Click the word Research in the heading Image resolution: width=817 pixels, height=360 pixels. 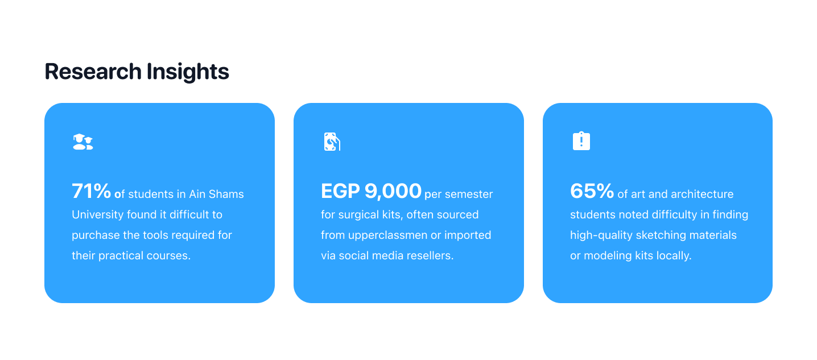93,71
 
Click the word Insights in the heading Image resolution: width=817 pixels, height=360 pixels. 188,72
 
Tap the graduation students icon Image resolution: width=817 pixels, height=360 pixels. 83,142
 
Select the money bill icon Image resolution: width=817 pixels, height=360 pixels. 332,142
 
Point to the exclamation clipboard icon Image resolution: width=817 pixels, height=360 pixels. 581,141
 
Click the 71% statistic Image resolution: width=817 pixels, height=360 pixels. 91,191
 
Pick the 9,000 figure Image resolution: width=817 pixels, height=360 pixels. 393,191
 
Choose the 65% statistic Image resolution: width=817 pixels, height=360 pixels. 592,191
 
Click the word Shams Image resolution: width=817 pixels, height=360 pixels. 226,194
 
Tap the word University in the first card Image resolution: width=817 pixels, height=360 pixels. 97,215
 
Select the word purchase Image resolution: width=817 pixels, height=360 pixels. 96,235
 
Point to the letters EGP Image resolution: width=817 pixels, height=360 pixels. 340,191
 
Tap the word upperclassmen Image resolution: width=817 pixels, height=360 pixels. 387,235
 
